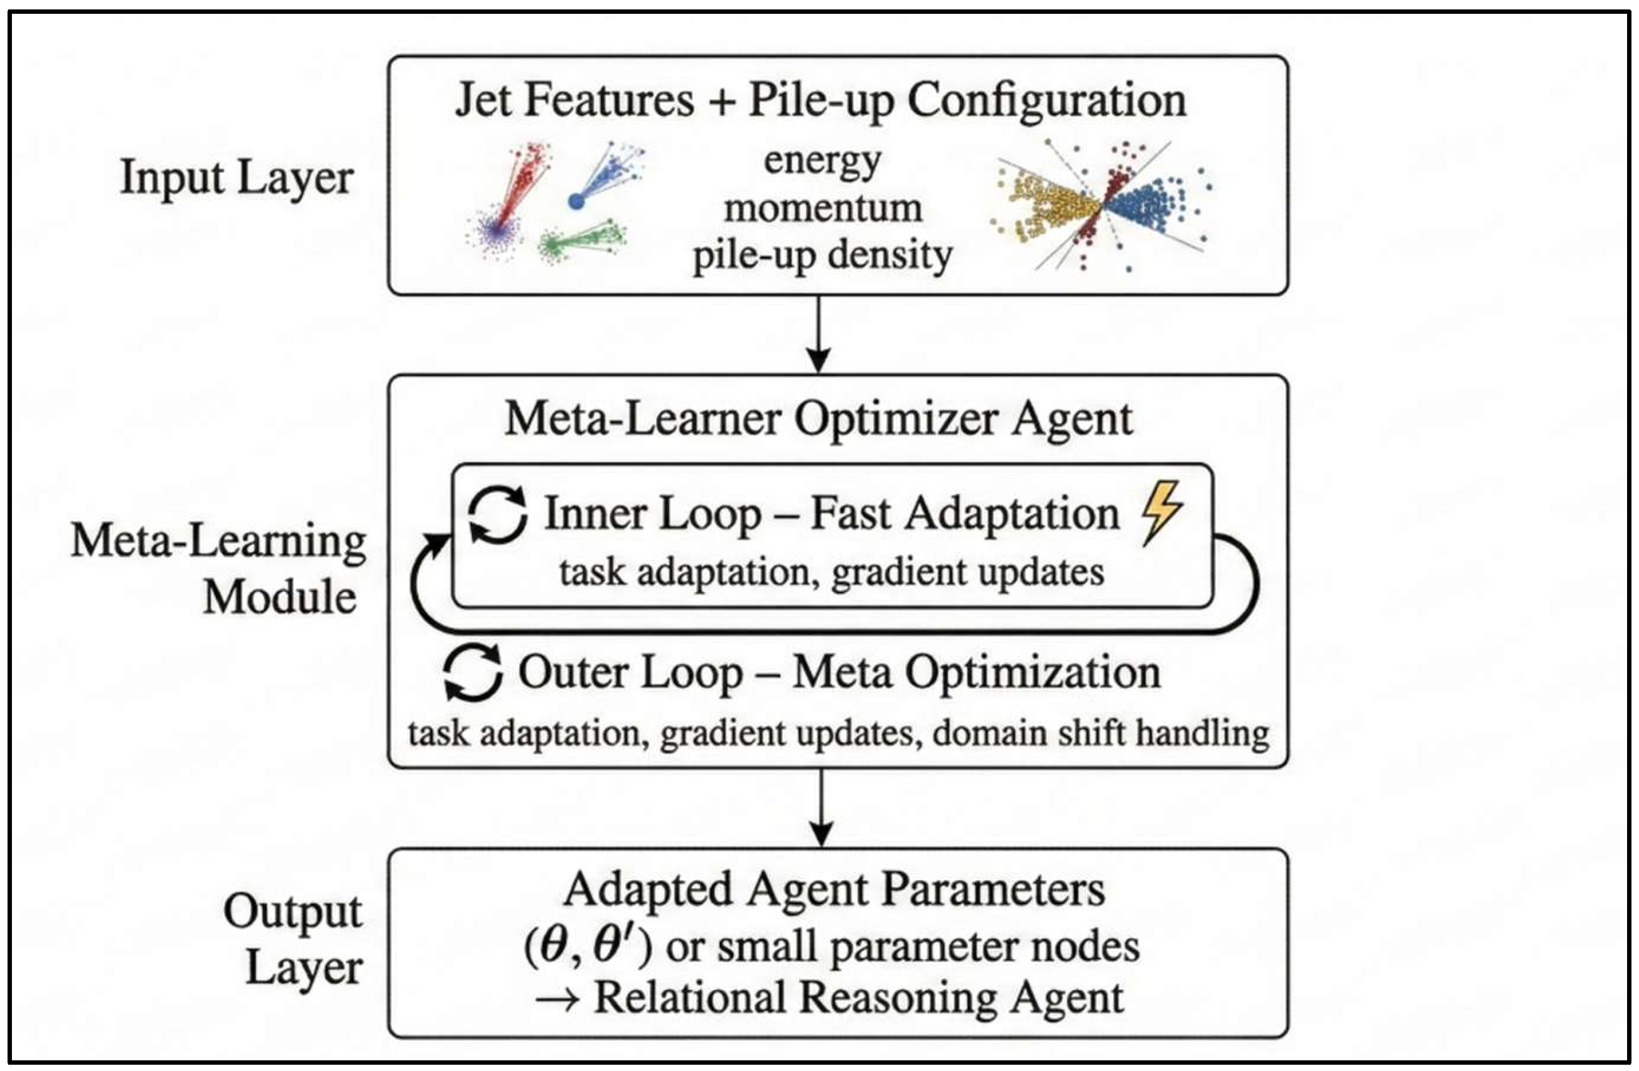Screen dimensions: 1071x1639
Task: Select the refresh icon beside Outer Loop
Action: click(x=473, y=672)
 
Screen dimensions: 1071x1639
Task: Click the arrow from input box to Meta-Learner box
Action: click(x=818, y=335)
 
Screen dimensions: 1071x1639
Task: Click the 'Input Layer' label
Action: click(x=236, y=177)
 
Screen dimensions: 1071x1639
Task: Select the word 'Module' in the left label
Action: click(x=279, y=596)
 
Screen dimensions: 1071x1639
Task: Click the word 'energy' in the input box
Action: click(x=822, y=161)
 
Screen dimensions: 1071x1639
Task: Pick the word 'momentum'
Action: click(x=822, y=207)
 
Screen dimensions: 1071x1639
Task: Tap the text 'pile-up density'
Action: click(x=822, y=256)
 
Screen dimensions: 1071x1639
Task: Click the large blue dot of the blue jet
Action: click(x=576, y=201)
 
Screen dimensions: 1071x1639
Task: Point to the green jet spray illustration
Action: click(x=582, y=239)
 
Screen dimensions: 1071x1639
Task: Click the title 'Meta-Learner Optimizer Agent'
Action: click(x=818, y=418)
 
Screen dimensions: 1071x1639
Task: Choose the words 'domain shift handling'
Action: click(x=1100, y=733)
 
